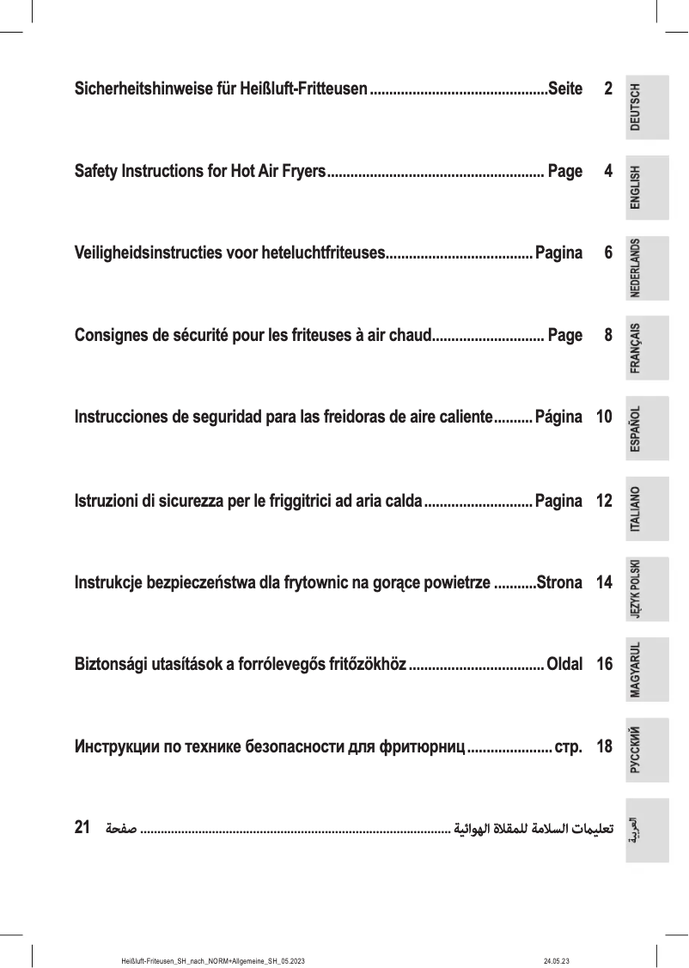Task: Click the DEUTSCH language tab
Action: [x=647, y=107]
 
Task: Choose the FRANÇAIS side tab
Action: [x=647, y=349]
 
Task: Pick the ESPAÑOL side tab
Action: [x=647, y=429]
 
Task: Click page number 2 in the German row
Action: [x=608, y=89]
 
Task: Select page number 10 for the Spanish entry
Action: [x=604, y=418]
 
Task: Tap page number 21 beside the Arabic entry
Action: [x=83, y=828]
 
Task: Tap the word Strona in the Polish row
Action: [x=559, y=582]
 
